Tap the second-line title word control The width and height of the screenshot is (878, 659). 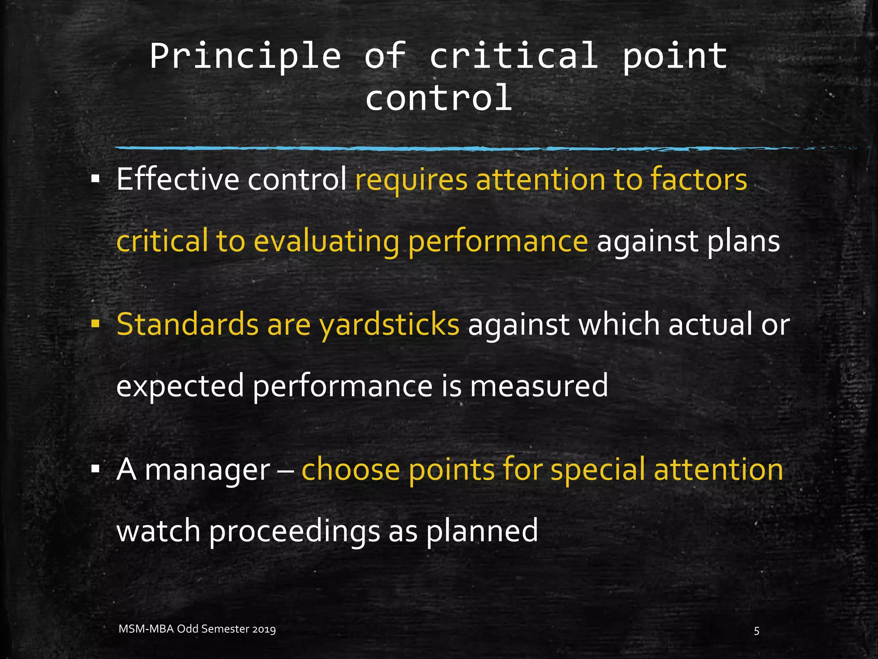point(439,98)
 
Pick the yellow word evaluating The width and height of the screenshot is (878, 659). point(326,242)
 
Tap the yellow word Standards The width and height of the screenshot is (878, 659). point(187,324)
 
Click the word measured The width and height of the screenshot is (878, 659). point(538,385)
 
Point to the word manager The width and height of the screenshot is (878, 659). point(207,470)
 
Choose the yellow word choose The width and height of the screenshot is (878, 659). point(350,469)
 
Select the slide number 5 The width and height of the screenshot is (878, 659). point(757,631)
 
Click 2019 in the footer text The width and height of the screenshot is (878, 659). point(264,629)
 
